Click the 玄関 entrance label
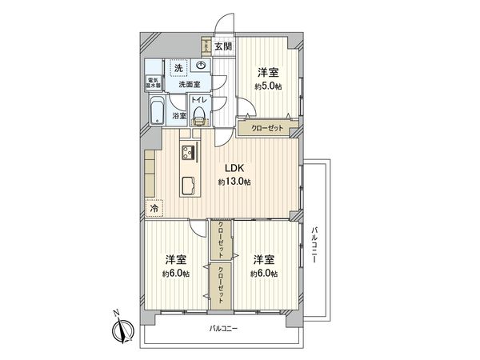click(222, 47)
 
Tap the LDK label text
click(234, 169)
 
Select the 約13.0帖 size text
click(234, 182)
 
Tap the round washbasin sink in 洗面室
click(201, 67)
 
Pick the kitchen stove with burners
click(189, 154)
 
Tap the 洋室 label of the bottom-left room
click(176, 260)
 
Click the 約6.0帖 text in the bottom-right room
click(264, 274)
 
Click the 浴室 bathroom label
click(180, 116)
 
